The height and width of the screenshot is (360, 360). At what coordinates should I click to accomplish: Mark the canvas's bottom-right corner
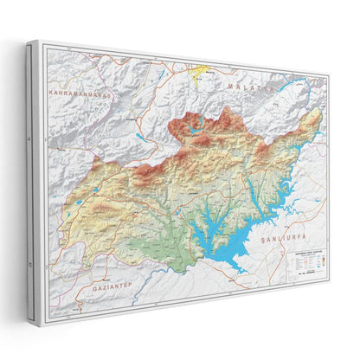[330, 281]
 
